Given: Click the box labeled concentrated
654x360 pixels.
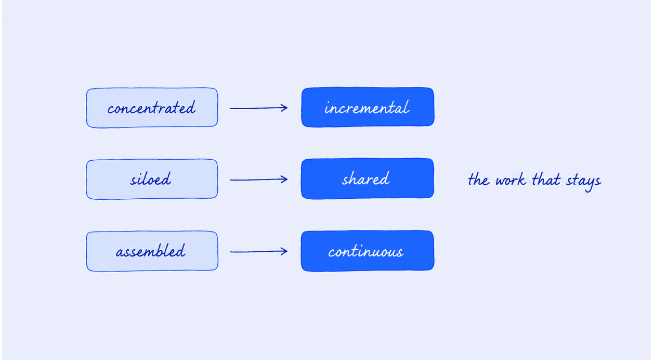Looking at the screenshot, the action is (x=152, y=108).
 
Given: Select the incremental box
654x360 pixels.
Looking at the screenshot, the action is (x=368, y=107).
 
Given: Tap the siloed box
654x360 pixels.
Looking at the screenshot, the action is (x=152, y=179).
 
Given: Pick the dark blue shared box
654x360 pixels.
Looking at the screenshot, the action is (x=368, y=178).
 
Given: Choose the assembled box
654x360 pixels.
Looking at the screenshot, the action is (x=152, y=251).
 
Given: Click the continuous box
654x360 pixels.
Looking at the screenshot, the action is (x=368, y=251).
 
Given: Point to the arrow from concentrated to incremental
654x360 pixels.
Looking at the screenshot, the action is (x=259, y=108).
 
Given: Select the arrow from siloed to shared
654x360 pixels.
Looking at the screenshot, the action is (x=259, y=179).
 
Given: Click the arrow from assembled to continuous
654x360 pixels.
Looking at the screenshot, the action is (x=259, y=251).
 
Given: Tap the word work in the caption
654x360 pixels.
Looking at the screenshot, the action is (x=511, y=179).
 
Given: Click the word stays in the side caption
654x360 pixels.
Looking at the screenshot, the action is (x=584, y=181).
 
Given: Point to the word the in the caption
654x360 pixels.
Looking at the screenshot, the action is (x=478, y=179).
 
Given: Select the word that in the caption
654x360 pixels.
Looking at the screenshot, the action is (x=546, y=179).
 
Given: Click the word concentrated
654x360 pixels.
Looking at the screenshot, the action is (x=151, y=108).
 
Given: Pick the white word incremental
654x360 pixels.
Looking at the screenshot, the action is (x=367, y=108).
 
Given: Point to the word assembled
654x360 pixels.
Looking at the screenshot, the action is (x=151, y=251).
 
